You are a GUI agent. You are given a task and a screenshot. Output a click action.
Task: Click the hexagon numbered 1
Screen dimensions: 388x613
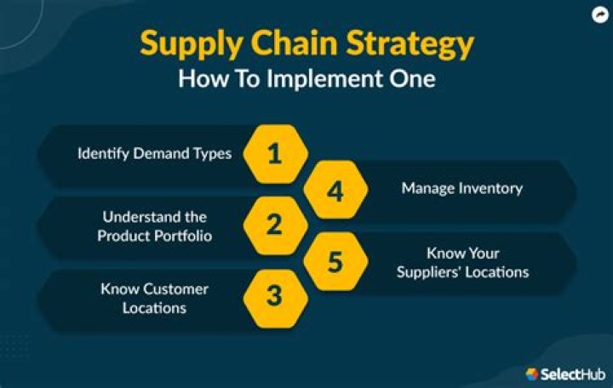point(274,154)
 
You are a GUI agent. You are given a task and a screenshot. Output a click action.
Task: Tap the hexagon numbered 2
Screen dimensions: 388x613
point(274,225)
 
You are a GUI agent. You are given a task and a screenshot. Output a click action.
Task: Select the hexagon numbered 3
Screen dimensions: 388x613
point(274,295)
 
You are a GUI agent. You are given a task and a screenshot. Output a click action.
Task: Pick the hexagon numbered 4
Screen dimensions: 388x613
point(335,191)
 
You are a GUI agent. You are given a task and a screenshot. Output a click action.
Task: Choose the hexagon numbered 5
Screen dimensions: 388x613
point(335,261)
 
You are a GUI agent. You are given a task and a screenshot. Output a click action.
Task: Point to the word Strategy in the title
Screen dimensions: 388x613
point(412,44)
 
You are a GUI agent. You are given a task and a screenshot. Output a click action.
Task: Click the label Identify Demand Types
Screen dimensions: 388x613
point(154,154)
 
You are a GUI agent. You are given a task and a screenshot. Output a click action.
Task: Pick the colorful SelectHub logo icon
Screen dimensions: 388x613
point(532,374)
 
